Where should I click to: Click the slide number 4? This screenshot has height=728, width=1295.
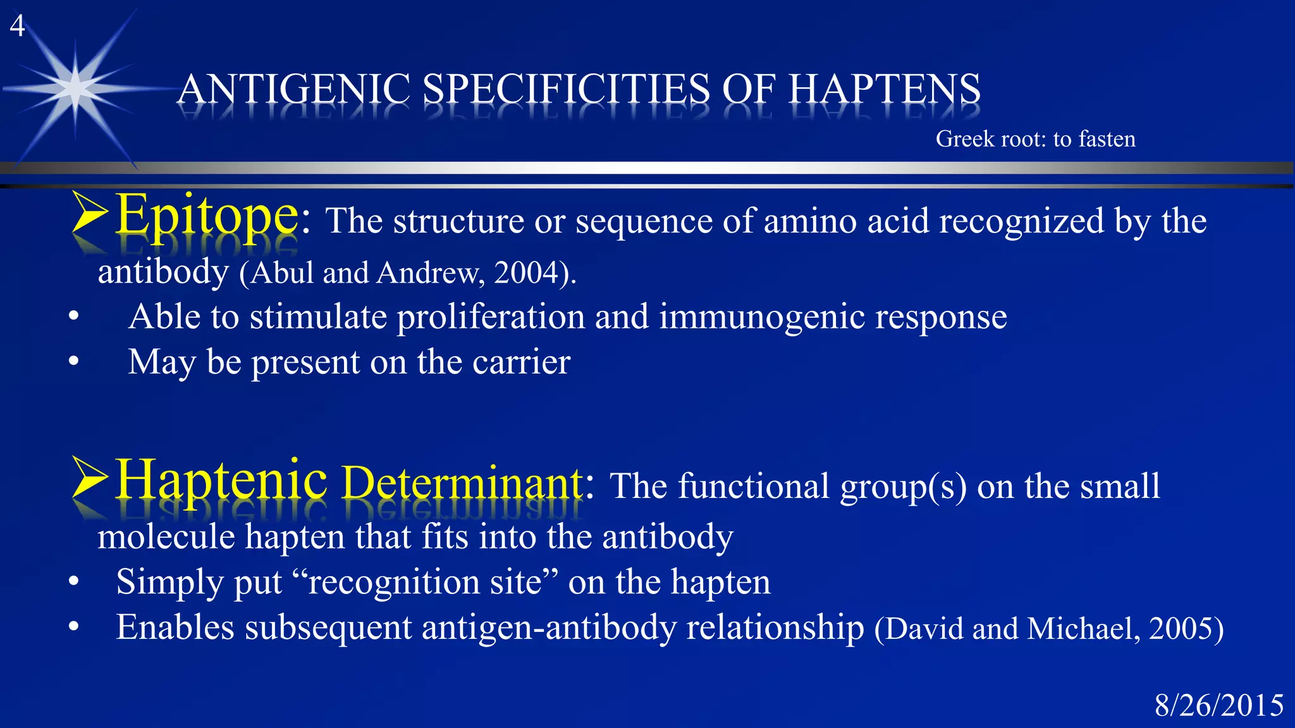(x=17, y=27)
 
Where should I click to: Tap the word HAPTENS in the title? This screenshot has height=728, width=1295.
(x=884, y=89)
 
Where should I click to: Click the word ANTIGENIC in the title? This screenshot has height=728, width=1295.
(x=295, y=89)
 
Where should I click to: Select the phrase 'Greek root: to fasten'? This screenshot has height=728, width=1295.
(x=1035, y=139)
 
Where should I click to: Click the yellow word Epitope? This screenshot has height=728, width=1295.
(x=207, y=216)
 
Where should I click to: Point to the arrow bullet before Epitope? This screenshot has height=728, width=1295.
(x=89, y=213)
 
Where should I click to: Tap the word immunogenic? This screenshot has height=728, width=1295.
(x=761, y=317)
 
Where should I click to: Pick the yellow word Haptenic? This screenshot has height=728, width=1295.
(x=221, y=480)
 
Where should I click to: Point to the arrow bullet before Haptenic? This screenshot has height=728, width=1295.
(x=89, y=478)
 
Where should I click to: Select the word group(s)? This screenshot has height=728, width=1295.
(x=903, y=487)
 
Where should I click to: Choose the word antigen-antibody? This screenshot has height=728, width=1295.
(x=549, y=628)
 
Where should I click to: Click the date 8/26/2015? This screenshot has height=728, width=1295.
(x=1218, y=705)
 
